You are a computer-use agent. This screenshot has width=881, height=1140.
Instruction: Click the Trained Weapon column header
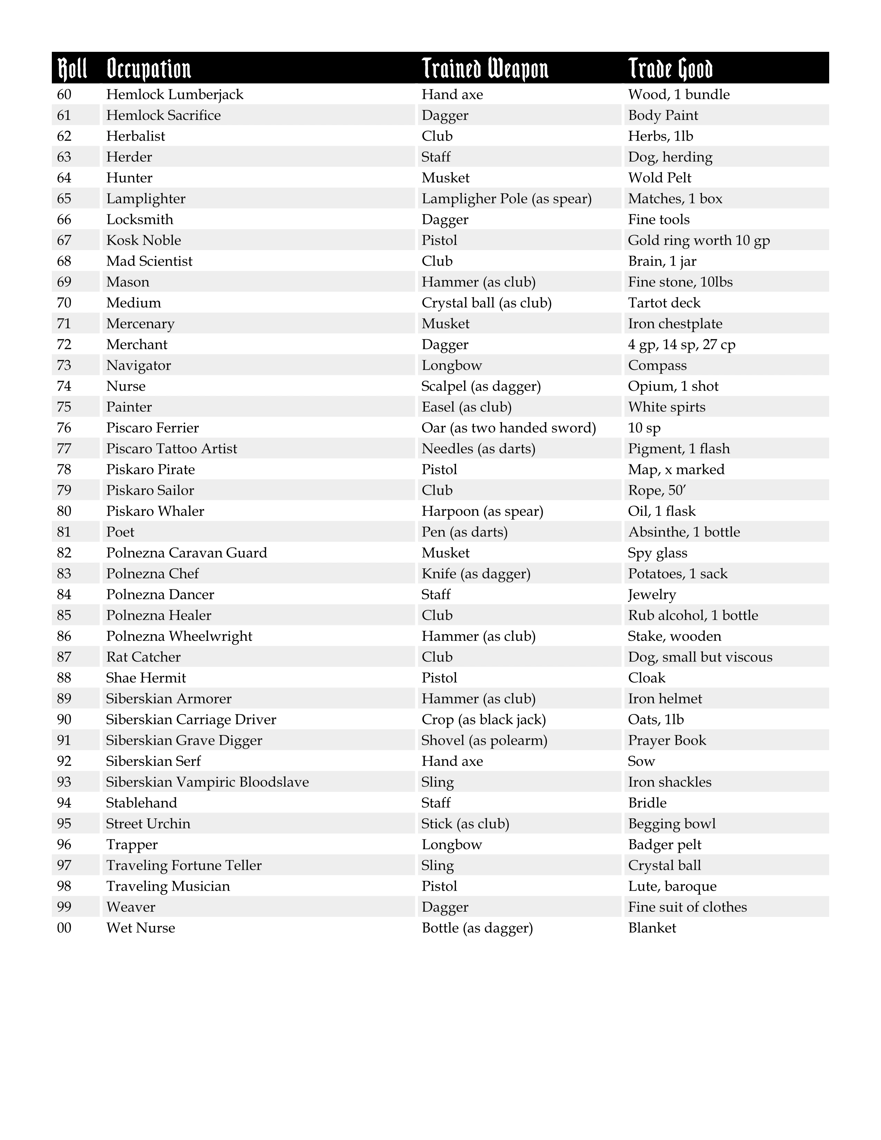click(485, 68)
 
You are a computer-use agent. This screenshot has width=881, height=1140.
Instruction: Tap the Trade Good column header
click(670, 68)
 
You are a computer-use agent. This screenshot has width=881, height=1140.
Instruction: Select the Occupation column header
click(149, 68)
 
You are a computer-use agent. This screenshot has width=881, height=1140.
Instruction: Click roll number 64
click(64, 178)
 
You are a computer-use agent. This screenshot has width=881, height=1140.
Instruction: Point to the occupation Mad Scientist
click(149, 261)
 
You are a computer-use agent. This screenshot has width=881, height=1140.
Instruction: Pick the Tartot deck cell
click(664, 303)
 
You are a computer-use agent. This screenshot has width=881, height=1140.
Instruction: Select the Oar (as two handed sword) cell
click(508, 428)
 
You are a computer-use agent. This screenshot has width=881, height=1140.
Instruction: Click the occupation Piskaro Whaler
click(155, 511)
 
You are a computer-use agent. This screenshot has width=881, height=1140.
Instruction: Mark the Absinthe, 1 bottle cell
click(684, 532)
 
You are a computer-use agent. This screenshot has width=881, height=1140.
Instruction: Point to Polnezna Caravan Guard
click(186, 553)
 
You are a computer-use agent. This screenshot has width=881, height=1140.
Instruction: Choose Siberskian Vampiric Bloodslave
click(207, 782)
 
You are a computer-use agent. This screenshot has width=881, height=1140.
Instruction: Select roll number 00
click(64, 928)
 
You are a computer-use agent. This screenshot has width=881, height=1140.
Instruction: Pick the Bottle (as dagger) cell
click(477, 928)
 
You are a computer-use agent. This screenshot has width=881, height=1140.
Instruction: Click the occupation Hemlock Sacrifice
click(163, 115)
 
